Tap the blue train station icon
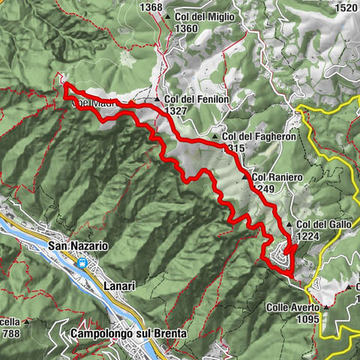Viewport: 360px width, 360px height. coord(81,263)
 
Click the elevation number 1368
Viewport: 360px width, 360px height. coord(151,7)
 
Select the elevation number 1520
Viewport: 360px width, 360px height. coord(346,7)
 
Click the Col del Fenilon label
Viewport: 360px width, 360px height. coord(197,99)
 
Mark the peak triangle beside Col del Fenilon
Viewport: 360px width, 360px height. coord(157,99)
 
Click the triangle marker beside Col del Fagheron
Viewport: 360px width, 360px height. coord(215,137)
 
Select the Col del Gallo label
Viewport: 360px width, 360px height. coord(324,224)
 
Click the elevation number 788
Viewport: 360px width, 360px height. coord(11,324)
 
